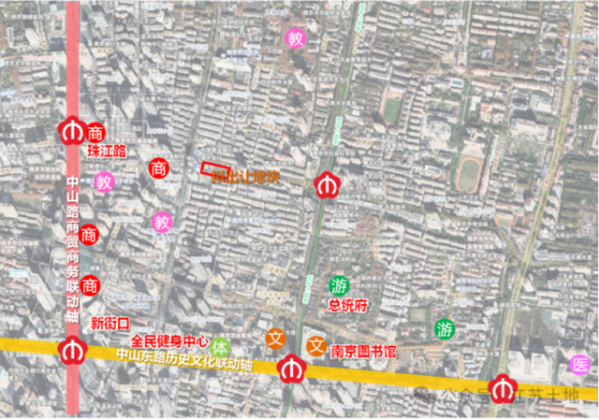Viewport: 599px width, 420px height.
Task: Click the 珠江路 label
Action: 106,151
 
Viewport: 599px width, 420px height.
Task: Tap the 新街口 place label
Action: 110,322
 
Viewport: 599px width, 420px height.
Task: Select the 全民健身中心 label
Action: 169,340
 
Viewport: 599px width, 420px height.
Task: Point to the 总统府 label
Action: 347,305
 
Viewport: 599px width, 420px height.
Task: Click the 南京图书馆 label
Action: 364,352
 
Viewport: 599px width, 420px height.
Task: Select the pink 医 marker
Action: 580,364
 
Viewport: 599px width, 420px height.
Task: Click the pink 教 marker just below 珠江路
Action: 104,181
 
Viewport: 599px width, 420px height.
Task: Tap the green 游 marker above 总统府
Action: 338,284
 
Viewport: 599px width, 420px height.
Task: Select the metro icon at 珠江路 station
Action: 71,132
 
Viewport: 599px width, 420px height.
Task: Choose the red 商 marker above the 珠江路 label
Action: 95,132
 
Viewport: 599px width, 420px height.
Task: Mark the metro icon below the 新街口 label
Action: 72,352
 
